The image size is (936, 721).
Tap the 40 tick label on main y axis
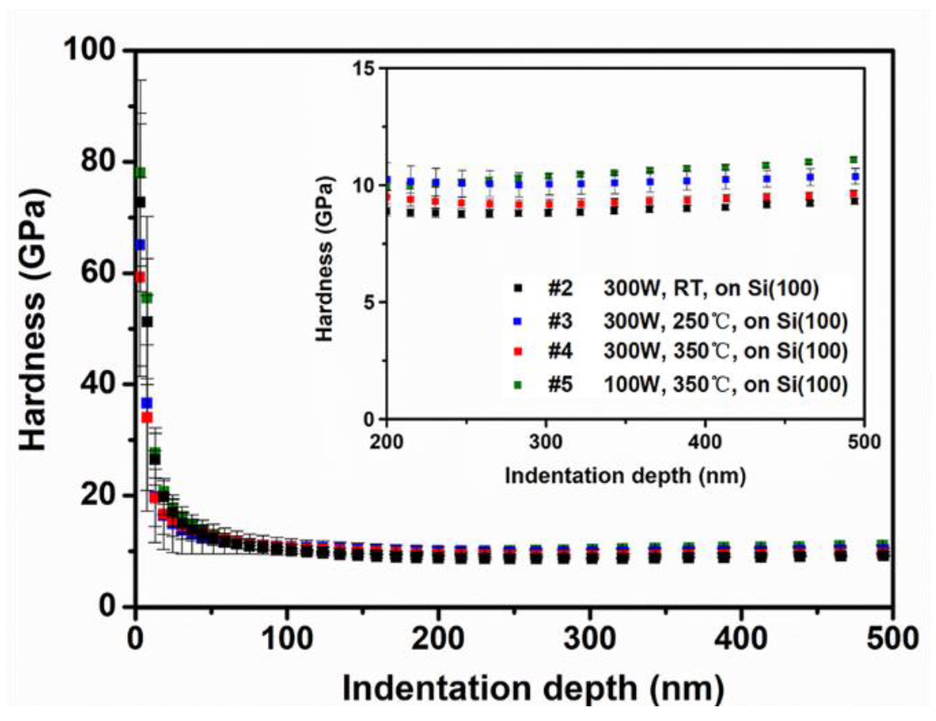coord(95,384)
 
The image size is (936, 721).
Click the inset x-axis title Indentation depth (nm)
coord(625,476)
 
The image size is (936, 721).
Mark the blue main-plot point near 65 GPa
coord(140,245)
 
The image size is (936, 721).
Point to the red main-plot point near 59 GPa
coord(140,277)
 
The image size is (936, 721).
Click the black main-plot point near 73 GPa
coord(140,202)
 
